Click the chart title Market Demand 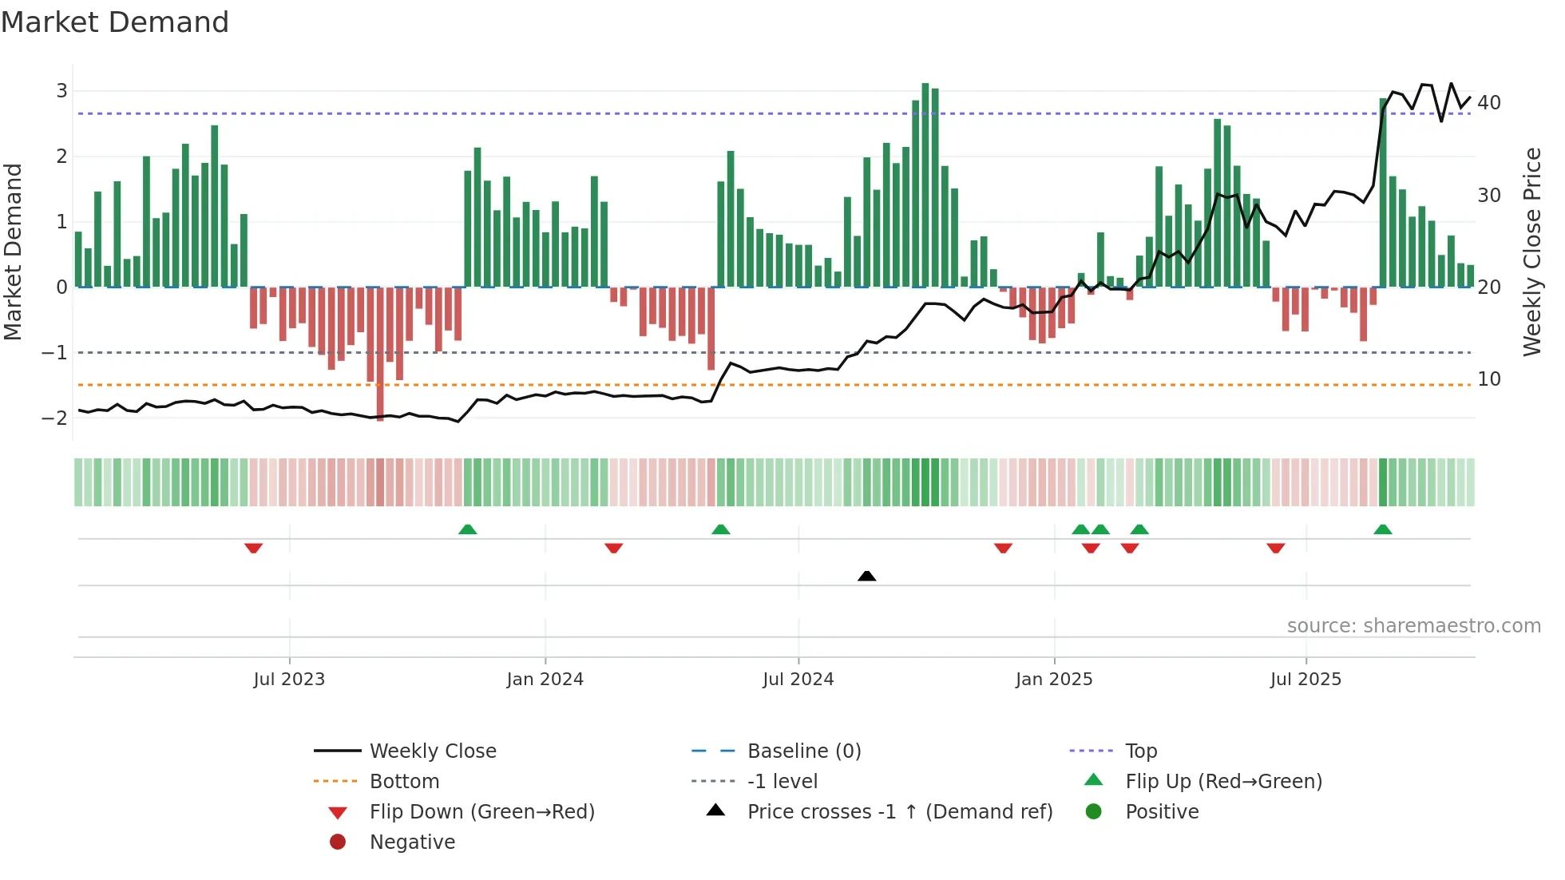[x=115, y=22]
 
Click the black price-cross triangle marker [x=866, y=576]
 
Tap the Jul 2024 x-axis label [x=798, y=680]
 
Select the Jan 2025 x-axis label [x=1054, y=680]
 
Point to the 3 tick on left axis [x=61, y=91]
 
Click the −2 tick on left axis [x=56, y=418]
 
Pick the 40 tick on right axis [x=1489, y=103]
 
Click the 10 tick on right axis [x=1489, y=379]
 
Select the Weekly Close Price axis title [x=1531, y=252]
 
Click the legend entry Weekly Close [x=432, y=751]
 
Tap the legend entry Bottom [x=404, y=782]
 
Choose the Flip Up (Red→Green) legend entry [x=1223, y=782]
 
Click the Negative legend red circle [x=338, y=842]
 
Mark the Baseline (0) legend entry [x=803, y=751]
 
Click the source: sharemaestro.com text [x=1413, y=626]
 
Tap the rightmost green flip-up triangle [x=1383, y=529]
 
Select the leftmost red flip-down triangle [x=253, y=548]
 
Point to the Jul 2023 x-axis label [x=289, y=680]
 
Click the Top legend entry [x=1140, y=751]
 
